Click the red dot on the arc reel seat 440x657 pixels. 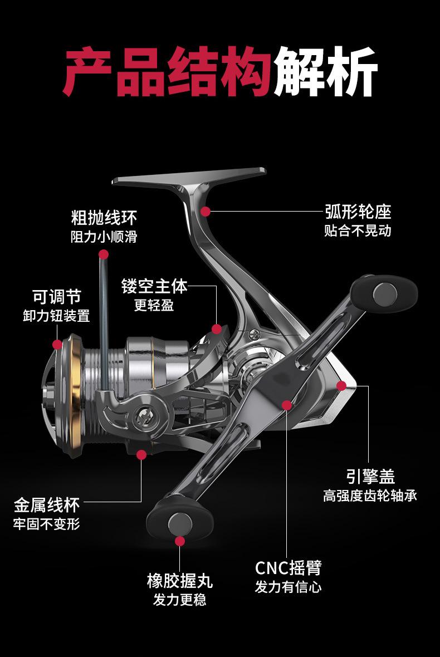click(x=206, y=212)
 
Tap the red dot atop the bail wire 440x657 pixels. click(x=104, y=254)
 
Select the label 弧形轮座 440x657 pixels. click(x=358, y=212)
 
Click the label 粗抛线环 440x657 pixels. click(x=104, y=218)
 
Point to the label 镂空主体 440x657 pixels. click(x=154, y=286)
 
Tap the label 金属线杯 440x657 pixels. click(x=47, y=505)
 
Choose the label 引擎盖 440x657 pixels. click(x=370, y=477)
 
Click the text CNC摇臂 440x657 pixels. click(x=289, y=568)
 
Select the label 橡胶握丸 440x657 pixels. click(x=180, y=581)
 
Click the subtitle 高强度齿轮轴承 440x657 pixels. click(x=370, y=496)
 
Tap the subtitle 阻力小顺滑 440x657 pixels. click(x=104, y=237)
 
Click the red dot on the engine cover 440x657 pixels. click(x=341, y=385)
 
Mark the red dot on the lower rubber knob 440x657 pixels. click(x=180, y=541)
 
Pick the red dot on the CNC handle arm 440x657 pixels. click(x=287, y=405)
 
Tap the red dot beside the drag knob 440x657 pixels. click(x=57, y=345)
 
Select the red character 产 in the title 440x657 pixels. click(x=87, y=72)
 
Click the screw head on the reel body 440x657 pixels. click(x=254, y=335)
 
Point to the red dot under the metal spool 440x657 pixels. click(x=141, y=455)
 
